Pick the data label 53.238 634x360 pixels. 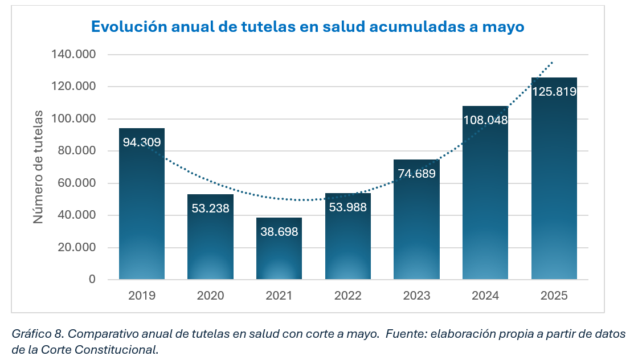click(210, 208)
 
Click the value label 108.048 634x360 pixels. click(485, 120)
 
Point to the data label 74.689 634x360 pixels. click(416, 174)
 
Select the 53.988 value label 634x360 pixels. click(347, 207)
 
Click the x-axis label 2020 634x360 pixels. click(210, 296)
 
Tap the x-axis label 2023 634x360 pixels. click(416, 296)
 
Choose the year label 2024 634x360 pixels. click(485, 296)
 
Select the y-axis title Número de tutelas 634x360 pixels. click(38, 166)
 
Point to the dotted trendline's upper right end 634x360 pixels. click(552, 62)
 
